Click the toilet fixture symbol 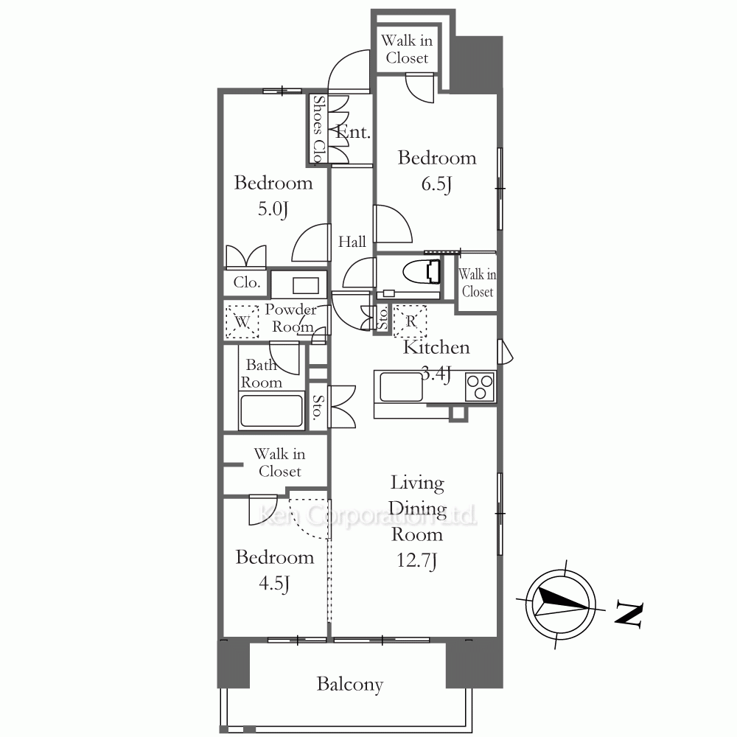pyautogui.click(x=422, y=272)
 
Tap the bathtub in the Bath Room pyautogui.click(x=271, y=411)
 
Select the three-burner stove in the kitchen pyautogui.click(x=480, y=386)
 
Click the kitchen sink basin pyautogui.click(x=401, y=386)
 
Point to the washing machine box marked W pyautogui.click(x=242, y=322)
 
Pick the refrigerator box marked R pyautogui.click(x=411, y=321)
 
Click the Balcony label pyautogui.click(x=349, y=685)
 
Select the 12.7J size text pyautogui.click(x=417, y=560)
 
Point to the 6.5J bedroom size pyautogui.click(x=436, y=184)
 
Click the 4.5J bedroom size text pyautogui.click(x=274, y=583)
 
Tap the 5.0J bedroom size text pyautogui.click(x=273, y=209)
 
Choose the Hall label pyautogui.click(x=352, y=242)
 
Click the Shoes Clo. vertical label pyautogui.click(x=318, y=129)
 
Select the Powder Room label pyautogui.click(x=291, y=318)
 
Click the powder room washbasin pyautogui.click(x=306, y=285)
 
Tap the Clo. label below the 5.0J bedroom pyautogui.click(x=247, y=282)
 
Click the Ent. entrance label pyautogui.click(x=354, y=132)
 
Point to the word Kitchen pyautogui.click(x=436, y=347)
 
